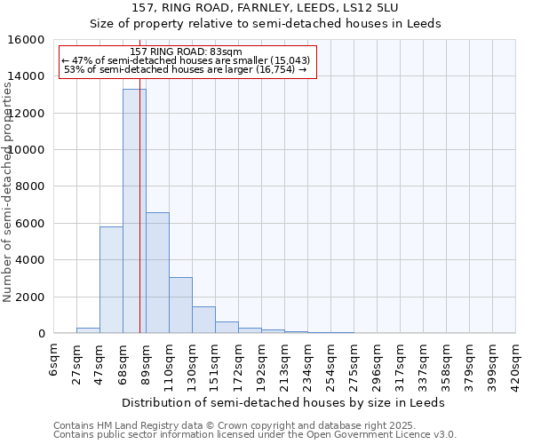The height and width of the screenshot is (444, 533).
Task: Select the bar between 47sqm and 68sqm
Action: (111, 280)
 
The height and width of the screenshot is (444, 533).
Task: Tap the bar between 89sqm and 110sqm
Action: (157, 273)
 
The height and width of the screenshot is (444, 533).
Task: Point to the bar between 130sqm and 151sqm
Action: (203, 320)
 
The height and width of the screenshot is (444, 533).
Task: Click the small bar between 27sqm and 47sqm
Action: (88, 330)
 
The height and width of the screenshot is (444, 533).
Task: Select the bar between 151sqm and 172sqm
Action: (227, 328)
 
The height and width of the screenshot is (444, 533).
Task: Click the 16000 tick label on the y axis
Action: (28, 40)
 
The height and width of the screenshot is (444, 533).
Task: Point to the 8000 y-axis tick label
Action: (31, 186)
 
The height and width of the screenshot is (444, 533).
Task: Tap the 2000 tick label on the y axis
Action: (31, 297)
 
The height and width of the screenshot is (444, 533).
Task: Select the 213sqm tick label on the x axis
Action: (285, 364)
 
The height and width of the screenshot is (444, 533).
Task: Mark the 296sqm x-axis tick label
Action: (378, 364)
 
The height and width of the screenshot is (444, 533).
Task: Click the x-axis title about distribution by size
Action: (282, 402)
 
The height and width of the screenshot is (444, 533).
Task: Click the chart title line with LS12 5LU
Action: (265, 7)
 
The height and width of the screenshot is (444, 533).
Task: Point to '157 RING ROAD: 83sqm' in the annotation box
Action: (186, 52)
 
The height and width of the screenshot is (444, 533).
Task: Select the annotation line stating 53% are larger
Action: (186, 70)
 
